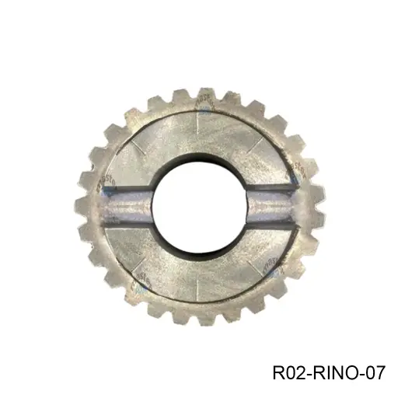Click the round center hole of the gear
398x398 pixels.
pyautogui.click(x=199, y=206)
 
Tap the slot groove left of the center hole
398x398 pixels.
pyautogui.click(x=128, y=207)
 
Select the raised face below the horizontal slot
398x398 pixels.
pyautogui.click(x=199, y=268)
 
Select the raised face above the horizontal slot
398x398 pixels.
pyautogui.click(x=199, y=140)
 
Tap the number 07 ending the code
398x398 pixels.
pyautogui.click(x=374, y=373)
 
